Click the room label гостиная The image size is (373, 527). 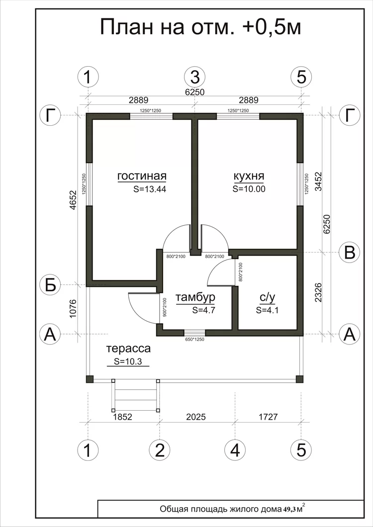coord(142,176)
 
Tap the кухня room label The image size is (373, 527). coord(249,176)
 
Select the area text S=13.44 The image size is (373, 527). coord(150,189)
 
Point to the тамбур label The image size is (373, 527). coord(195,298)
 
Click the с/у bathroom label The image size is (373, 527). coord(268,298)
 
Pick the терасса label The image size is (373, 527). coord(128,349)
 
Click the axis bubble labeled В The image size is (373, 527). coord(350,252)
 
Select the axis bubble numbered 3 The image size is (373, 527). coord(195,77)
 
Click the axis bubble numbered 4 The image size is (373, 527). coord(235,450)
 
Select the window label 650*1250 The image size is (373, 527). coord(195,340)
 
